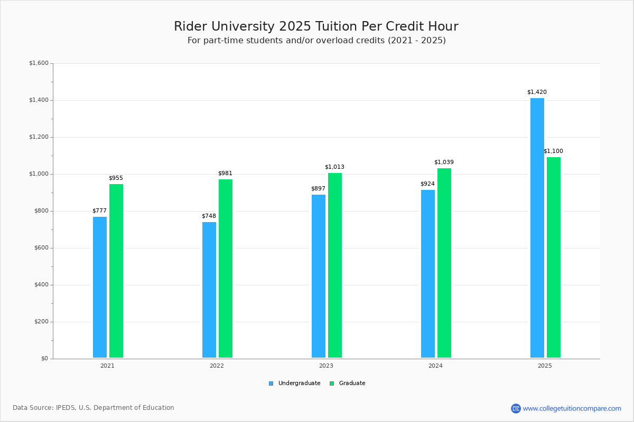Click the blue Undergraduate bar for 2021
pyautogui.click(x=100, y=287)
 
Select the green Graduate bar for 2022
pyautogui.click(x=226, y=268)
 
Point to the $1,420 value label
pyautogui.click(x=537, y=92)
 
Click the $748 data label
pyautogui.click(x=209, y=216)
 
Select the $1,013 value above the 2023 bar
pyautogui.click(x=334, y=167)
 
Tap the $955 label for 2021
pyautogui.click(x=116, y=178)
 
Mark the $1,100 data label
pyautogui.click(x=553, y=151)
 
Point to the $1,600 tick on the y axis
pyautogui.click(x=39, y=63)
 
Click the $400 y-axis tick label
pyautogui.click(x=40, y=285)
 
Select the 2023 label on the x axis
pyautogui.click(x=326, y=366)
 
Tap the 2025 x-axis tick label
pyautogui.click(x=545, y=366)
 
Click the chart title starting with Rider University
pyautogui.click(x=316, y=26)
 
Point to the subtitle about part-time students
pyautogui.click(x=316, y=41)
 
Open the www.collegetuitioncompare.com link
pyautogui.click(x=572, y=408)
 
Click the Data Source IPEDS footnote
pyautogui.click(x=94, y=408)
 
